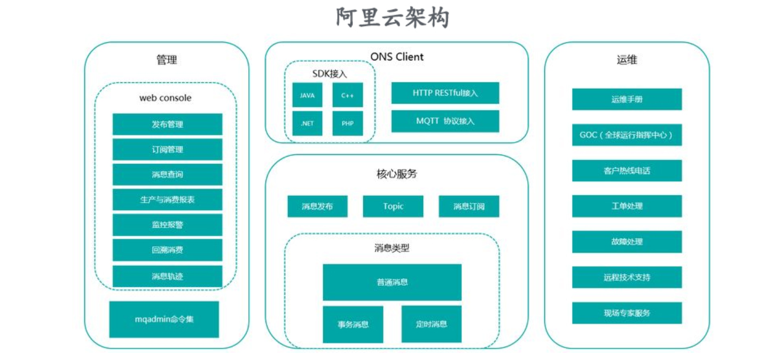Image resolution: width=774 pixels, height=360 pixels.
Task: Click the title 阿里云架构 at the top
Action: click(392, 18)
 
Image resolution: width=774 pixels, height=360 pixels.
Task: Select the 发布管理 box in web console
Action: click(167, 124)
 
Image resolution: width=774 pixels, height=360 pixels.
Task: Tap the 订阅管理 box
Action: click(167, 150)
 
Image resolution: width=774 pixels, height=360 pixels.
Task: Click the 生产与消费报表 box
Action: click(167, 200)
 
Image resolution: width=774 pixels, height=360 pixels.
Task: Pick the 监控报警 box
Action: click(167, 225)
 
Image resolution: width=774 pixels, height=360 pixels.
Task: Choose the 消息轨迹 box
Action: click(167, 276)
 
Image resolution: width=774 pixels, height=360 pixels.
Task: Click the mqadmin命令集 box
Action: click(164, 319)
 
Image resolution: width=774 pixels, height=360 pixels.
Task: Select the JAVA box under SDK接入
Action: click(307, 95)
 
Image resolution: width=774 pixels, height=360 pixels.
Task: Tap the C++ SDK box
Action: click(347, 95)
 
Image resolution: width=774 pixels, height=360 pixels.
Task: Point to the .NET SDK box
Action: click(307, 123)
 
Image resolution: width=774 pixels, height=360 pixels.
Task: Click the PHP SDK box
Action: click(347, 123)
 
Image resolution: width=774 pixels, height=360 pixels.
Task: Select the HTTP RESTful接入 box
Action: click(445, 93)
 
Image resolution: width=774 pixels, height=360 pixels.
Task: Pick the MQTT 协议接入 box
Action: click(445, 121)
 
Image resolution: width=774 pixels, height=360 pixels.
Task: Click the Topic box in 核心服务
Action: click(393, 206)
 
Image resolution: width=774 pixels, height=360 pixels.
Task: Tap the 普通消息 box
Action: click(392, 282)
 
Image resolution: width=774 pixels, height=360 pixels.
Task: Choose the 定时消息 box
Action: click(431, 324)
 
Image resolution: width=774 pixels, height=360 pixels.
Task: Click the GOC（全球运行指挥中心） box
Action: click(627, 135)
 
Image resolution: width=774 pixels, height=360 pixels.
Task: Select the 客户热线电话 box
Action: click(627, 171)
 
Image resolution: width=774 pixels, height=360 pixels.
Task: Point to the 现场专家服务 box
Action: click(627, 313)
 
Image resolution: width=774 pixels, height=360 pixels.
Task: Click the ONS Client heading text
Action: click(397, 57)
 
